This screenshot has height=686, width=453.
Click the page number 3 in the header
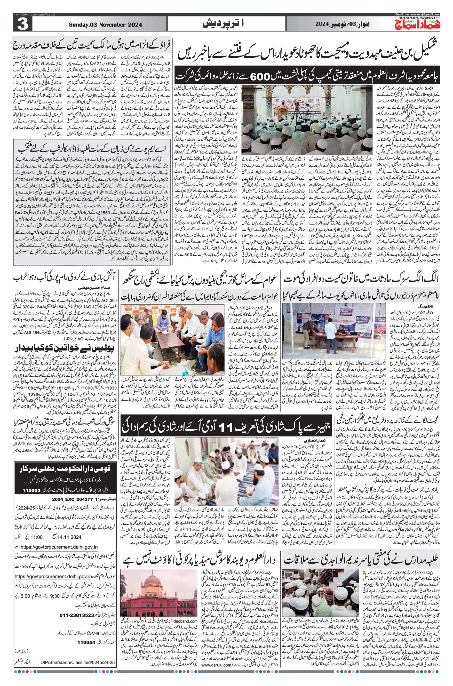[21, 24]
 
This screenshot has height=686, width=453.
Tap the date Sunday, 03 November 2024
[106, 25]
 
